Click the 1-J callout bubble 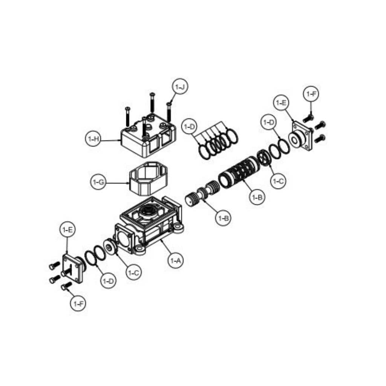[180, 87]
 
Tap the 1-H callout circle [93, 139]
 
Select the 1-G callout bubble [99, 182]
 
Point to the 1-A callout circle [175, 260]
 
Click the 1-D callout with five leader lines [189, 127]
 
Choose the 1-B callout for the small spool [223, 218]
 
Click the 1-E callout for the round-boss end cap [281, 103]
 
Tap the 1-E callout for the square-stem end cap [67, 230]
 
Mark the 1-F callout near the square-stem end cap [78, 303]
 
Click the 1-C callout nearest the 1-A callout [133, 272]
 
